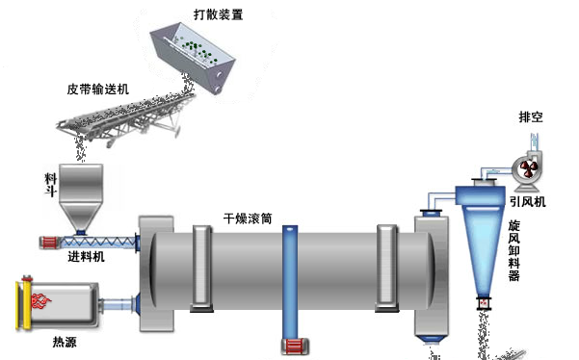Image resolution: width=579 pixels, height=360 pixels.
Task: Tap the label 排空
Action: tap(531, 118)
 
